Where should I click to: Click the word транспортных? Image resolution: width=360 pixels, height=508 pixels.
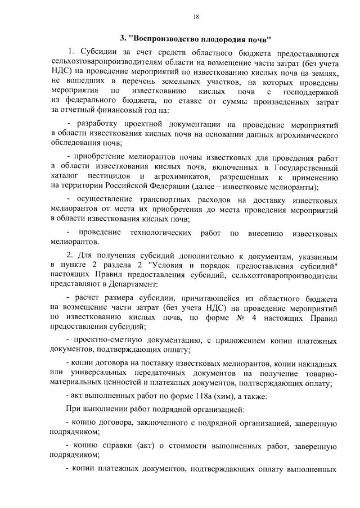point(165,200)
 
